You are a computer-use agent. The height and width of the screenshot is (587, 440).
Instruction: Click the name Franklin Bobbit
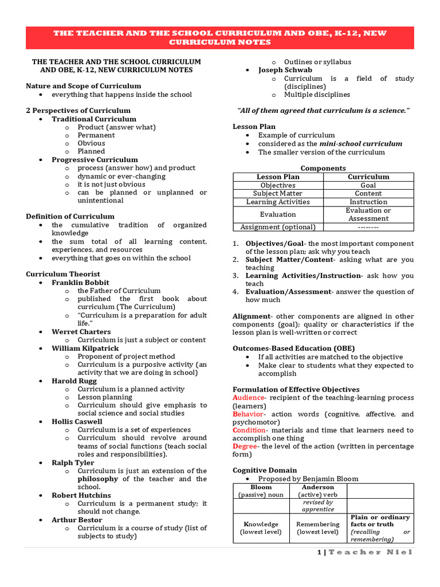click(80, 283)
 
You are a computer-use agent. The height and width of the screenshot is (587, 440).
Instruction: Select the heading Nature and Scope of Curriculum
click(83, 86)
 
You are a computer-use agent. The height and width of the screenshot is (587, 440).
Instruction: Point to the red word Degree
click(245, 446)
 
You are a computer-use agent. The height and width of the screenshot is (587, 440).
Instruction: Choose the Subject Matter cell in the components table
click(278, 194)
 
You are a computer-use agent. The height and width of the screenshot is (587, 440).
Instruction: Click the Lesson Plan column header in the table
click(278, 177)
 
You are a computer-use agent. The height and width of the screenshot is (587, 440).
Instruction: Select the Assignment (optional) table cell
click(278, 227)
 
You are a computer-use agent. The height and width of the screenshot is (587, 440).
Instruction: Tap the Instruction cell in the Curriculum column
click(368, 202)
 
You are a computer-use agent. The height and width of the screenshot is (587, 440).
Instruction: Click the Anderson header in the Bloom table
click(318, 487)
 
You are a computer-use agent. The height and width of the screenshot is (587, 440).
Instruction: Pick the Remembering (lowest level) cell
click(318, 528)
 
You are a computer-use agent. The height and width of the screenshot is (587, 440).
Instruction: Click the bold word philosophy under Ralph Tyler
click(98, 479)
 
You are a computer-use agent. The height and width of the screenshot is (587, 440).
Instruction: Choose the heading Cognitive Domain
click(264, 470)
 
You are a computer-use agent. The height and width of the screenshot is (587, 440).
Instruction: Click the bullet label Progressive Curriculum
click(95, 160)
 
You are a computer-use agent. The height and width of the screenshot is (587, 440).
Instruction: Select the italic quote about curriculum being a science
click(323, 111)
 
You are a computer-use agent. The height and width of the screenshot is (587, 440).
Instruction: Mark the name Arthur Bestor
click(77, 520)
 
